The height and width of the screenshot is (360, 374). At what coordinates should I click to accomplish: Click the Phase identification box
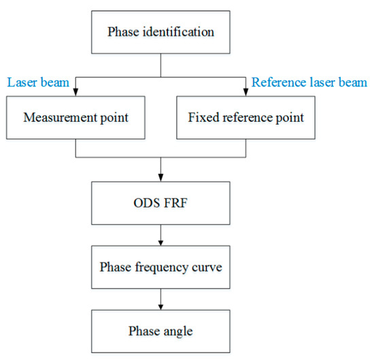[x=160, y=32]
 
